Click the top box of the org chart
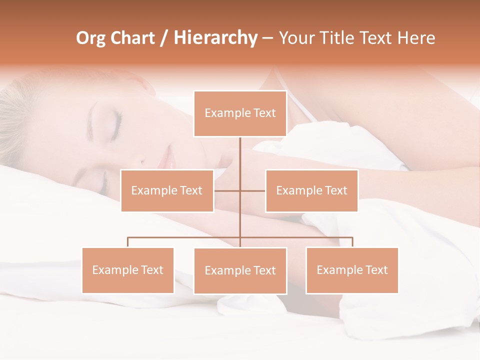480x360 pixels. tap(240, 113)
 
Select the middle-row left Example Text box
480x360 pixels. tap(167, 190)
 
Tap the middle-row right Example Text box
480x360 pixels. tap(311, 190)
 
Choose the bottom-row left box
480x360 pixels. tap(128, 270)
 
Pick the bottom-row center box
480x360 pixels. tap(240, 270)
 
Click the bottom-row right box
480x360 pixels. tap(352, 270)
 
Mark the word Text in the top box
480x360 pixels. tap(264, 113)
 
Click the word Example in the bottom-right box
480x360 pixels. tap(336, 270)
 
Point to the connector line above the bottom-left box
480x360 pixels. tap(128, 241)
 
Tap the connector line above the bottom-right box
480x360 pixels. tap(352, 241)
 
